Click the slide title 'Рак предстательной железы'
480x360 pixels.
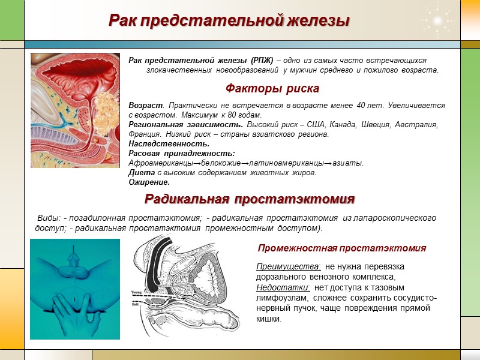[229, 20]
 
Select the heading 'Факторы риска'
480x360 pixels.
[272, 88]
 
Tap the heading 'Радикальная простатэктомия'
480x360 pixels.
[250, 199]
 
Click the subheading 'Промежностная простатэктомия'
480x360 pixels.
[341, 248]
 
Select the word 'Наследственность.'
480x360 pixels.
[169, 143]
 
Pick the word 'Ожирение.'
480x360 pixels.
[149, 182]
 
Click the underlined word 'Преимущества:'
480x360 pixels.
[288, 266]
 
